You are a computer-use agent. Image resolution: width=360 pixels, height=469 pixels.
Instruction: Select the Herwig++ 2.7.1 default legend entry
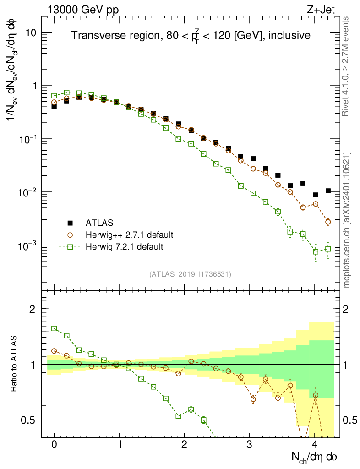point(129,235)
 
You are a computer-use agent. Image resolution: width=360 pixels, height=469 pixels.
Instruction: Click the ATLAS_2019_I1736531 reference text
point(190,274)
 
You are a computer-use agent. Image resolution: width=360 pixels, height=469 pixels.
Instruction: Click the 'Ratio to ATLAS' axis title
point(14,364)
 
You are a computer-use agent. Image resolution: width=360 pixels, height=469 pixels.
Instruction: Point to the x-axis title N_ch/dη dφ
point(315,456)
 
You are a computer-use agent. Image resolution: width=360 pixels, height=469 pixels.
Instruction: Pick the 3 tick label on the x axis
point(250,445)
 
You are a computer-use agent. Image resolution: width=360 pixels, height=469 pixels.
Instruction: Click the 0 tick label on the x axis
point(54,445)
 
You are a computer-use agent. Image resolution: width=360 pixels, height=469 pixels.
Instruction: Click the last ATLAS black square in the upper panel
point(328,191)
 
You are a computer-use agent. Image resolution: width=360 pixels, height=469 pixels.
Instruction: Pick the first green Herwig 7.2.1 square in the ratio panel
point(54,328)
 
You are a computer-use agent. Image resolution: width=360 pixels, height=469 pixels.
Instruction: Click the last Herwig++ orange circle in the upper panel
point(328,222)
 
